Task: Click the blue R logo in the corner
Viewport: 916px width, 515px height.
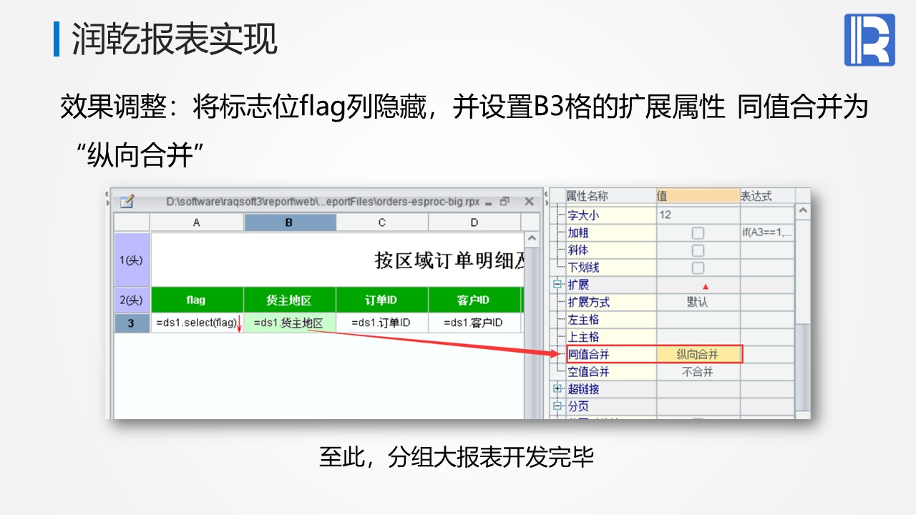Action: click(x=869, y=39)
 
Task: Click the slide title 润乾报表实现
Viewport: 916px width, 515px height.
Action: click(x=175, y=39)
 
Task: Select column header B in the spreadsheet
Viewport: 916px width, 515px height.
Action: click(x=290, y=222)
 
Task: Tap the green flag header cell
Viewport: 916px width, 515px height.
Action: click(x=197, y=300)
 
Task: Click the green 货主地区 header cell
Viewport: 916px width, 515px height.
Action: click(x=290, y=300)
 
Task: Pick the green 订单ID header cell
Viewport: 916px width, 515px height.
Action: click(x=382, y=300)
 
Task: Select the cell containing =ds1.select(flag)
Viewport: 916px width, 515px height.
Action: click(x=197, y=323)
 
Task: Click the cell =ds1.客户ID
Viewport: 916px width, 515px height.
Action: click(x=474, y=323)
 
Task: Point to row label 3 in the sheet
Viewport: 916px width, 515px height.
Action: click(x=131, y=323)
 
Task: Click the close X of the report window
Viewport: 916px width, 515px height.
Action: click(x=529, y=202)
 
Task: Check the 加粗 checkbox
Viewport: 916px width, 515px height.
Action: click(x=698, y=233)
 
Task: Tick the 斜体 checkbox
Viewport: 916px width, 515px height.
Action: click(x=698, y=250)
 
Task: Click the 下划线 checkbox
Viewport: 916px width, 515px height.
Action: click(x=698, y=268)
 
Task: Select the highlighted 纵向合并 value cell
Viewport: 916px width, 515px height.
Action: click(x=698, y=354)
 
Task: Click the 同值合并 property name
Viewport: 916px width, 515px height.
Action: click(x=588, y=354)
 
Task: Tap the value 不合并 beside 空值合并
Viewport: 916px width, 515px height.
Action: click(x=698, y=371)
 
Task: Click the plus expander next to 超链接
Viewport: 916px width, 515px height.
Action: click(x=557, y=388)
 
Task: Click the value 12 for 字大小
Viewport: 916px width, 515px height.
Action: click(x=665, y=215)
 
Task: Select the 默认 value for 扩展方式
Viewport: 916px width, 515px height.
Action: click(x=697, y=302)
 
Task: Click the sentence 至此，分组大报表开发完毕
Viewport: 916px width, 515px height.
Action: click(x=457, y=456)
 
